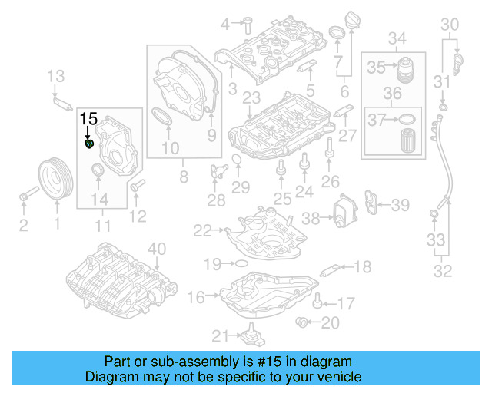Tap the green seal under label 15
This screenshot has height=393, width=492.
[89, 143]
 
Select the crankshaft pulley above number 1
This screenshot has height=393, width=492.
[55, 180]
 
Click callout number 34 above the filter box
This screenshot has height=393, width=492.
[397, 38]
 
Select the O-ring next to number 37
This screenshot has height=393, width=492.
[408, 119]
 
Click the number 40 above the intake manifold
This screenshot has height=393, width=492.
[156, 248]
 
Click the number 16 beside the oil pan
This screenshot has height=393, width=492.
[196, 296]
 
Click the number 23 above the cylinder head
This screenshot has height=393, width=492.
[251, 97]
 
